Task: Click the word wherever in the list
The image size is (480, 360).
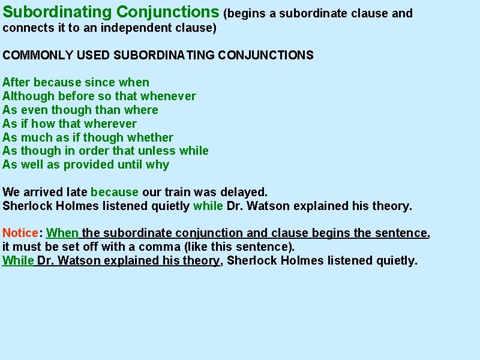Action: (x=110, y=124)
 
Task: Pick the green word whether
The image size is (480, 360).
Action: (x=149, y=137)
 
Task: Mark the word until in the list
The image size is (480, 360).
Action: (x=130, y=164)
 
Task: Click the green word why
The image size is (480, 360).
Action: (x=158, y=165)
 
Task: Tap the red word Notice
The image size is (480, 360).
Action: (x=20, y=233)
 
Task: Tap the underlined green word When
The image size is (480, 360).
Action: (x=63, y=233)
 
